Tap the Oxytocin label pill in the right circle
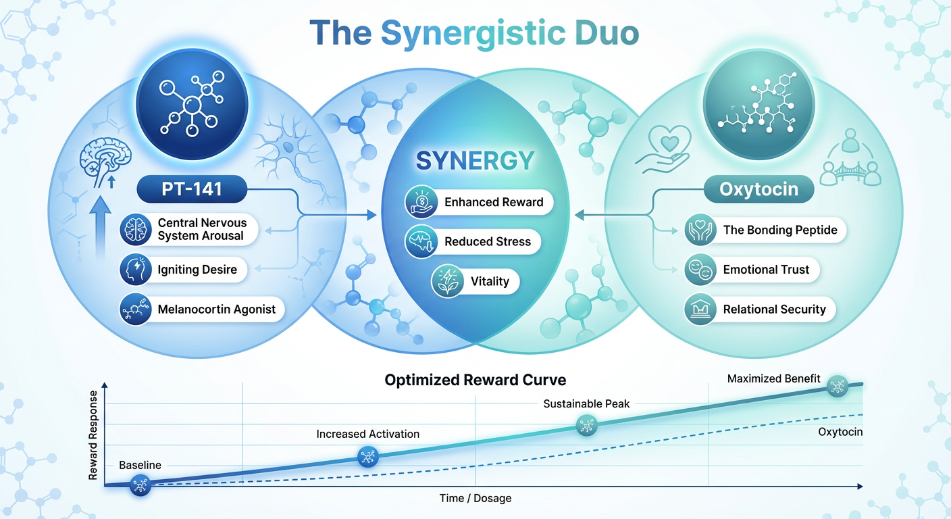[759, 189]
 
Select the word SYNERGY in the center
[475, 160]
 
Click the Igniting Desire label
[197, 270]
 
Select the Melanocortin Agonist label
[216, 310]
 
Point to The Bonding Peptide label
[779, 230]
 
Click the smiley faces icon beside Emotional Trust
[698, 270]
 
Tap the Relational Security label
[774, 310]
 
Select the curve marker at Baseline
[140, 484]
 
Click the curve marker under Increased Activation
[367, 457]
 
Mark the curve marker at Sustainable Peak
[586, 426]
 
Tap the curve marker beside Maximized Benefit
[838, 386]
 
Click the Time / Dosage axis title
[475, 499]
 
